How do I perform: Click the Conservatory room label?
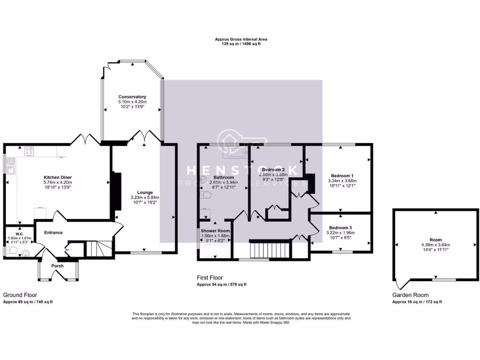[132, 97]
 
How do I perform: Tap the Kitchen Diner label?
[57, 177]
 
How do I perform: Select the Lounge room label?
[145, 192]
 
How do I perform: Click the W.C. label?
[19, 233]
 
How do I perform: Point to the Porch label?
[57, 266]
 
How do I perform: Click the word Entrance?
[53, 232]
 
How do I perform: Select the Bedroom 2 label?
[273, 169]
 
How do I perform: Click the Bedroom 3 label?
[341, 227]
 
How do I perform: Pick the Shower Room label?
[215, 231]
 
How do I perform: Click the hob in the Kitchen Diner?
[29, 151]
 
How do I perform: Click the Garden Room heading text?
[410, 295]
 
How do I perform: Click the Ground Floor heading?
[20, 295]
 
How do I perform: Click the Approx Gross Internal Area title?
[241, 39]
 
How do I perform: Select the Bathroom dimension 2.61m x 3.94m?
[224, 182]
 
